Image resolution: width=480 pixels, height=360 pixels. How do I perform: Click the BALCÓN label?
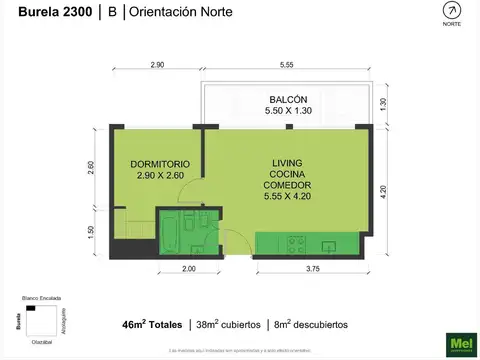pos(287,99)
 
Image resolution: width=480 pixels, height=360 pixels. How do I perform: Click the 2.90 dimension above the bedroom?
pos(158,65)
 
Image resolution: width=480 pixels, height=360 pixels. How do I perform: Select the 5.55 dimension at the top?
pos(286,65)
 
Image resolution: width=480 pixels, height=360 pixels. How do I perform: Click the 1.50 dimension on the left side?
pos(92,231)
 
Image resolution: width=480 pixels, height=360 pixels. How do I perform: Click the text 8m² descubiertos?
pos(318,325)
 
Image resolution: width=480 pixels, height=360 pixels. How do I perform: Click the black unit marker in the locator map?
pos(32,308)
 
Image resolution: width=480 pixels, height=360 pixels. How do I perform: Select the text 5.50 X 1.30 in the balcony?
pos(287,111)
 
